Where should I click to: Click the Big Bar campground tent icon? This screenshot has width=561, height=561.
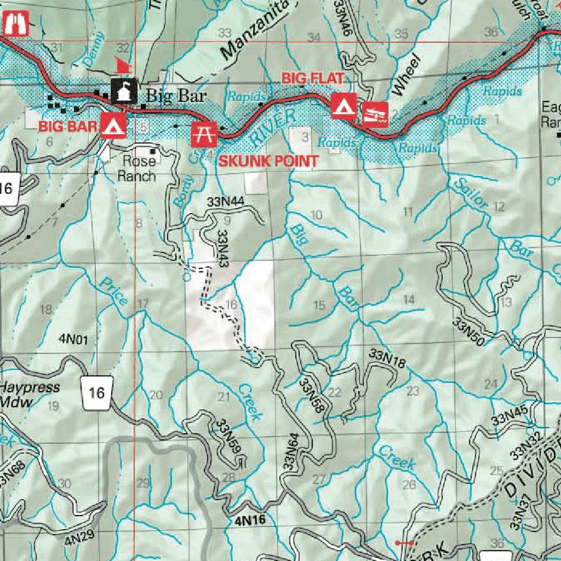click(x=113, y=126)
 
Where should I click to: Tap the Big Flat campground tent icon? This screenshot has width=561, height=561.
click(x=344, y=106)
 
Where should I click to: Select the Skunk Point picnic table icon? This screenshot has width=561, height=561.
click(x=204, y=134)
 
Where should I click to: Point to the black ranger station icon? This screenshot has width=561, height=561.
click(x=124, y=91)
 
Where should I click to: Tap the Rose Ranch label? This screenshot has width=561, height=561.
click(x=139, y=169)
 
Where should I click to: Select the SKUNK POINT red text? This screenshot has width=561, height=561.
click(x=268, y=161)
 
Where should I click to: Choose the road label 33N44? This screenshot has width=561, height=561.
click(x=225, y=202)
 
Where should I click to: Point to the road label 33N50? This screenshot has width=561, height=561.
click(x=468, y=331)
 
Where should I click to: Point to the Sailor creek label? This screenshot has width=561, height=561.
click(x=471, y=193)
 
